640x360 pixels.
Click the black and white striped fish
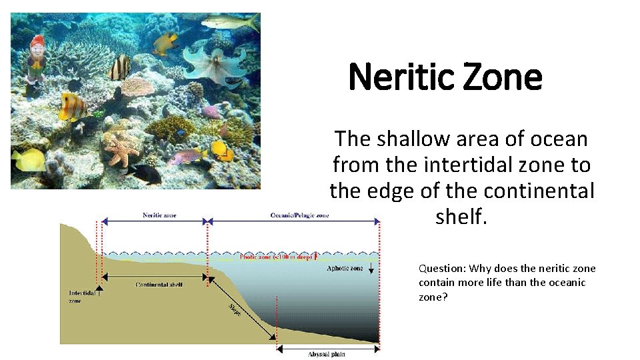[120, 67]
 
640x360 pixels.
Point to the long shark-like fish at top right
[230, 22]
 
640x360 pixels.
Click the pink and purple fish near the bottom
[187, 157]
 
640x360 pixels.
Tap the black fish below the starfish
[145, 174]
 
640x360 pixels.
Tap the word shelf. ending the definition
[461, 216]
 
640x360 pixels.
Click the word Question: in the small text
[442, 269]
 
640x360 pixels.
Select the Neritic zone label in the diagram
[159, 215]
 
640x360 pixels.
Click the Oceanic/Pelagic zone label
[299, 215]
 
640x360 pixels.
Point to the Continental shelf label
[159, 285]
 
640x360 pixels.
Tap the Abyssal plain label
[326, 354]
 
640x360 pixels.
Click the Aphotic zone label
[345, 268]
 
